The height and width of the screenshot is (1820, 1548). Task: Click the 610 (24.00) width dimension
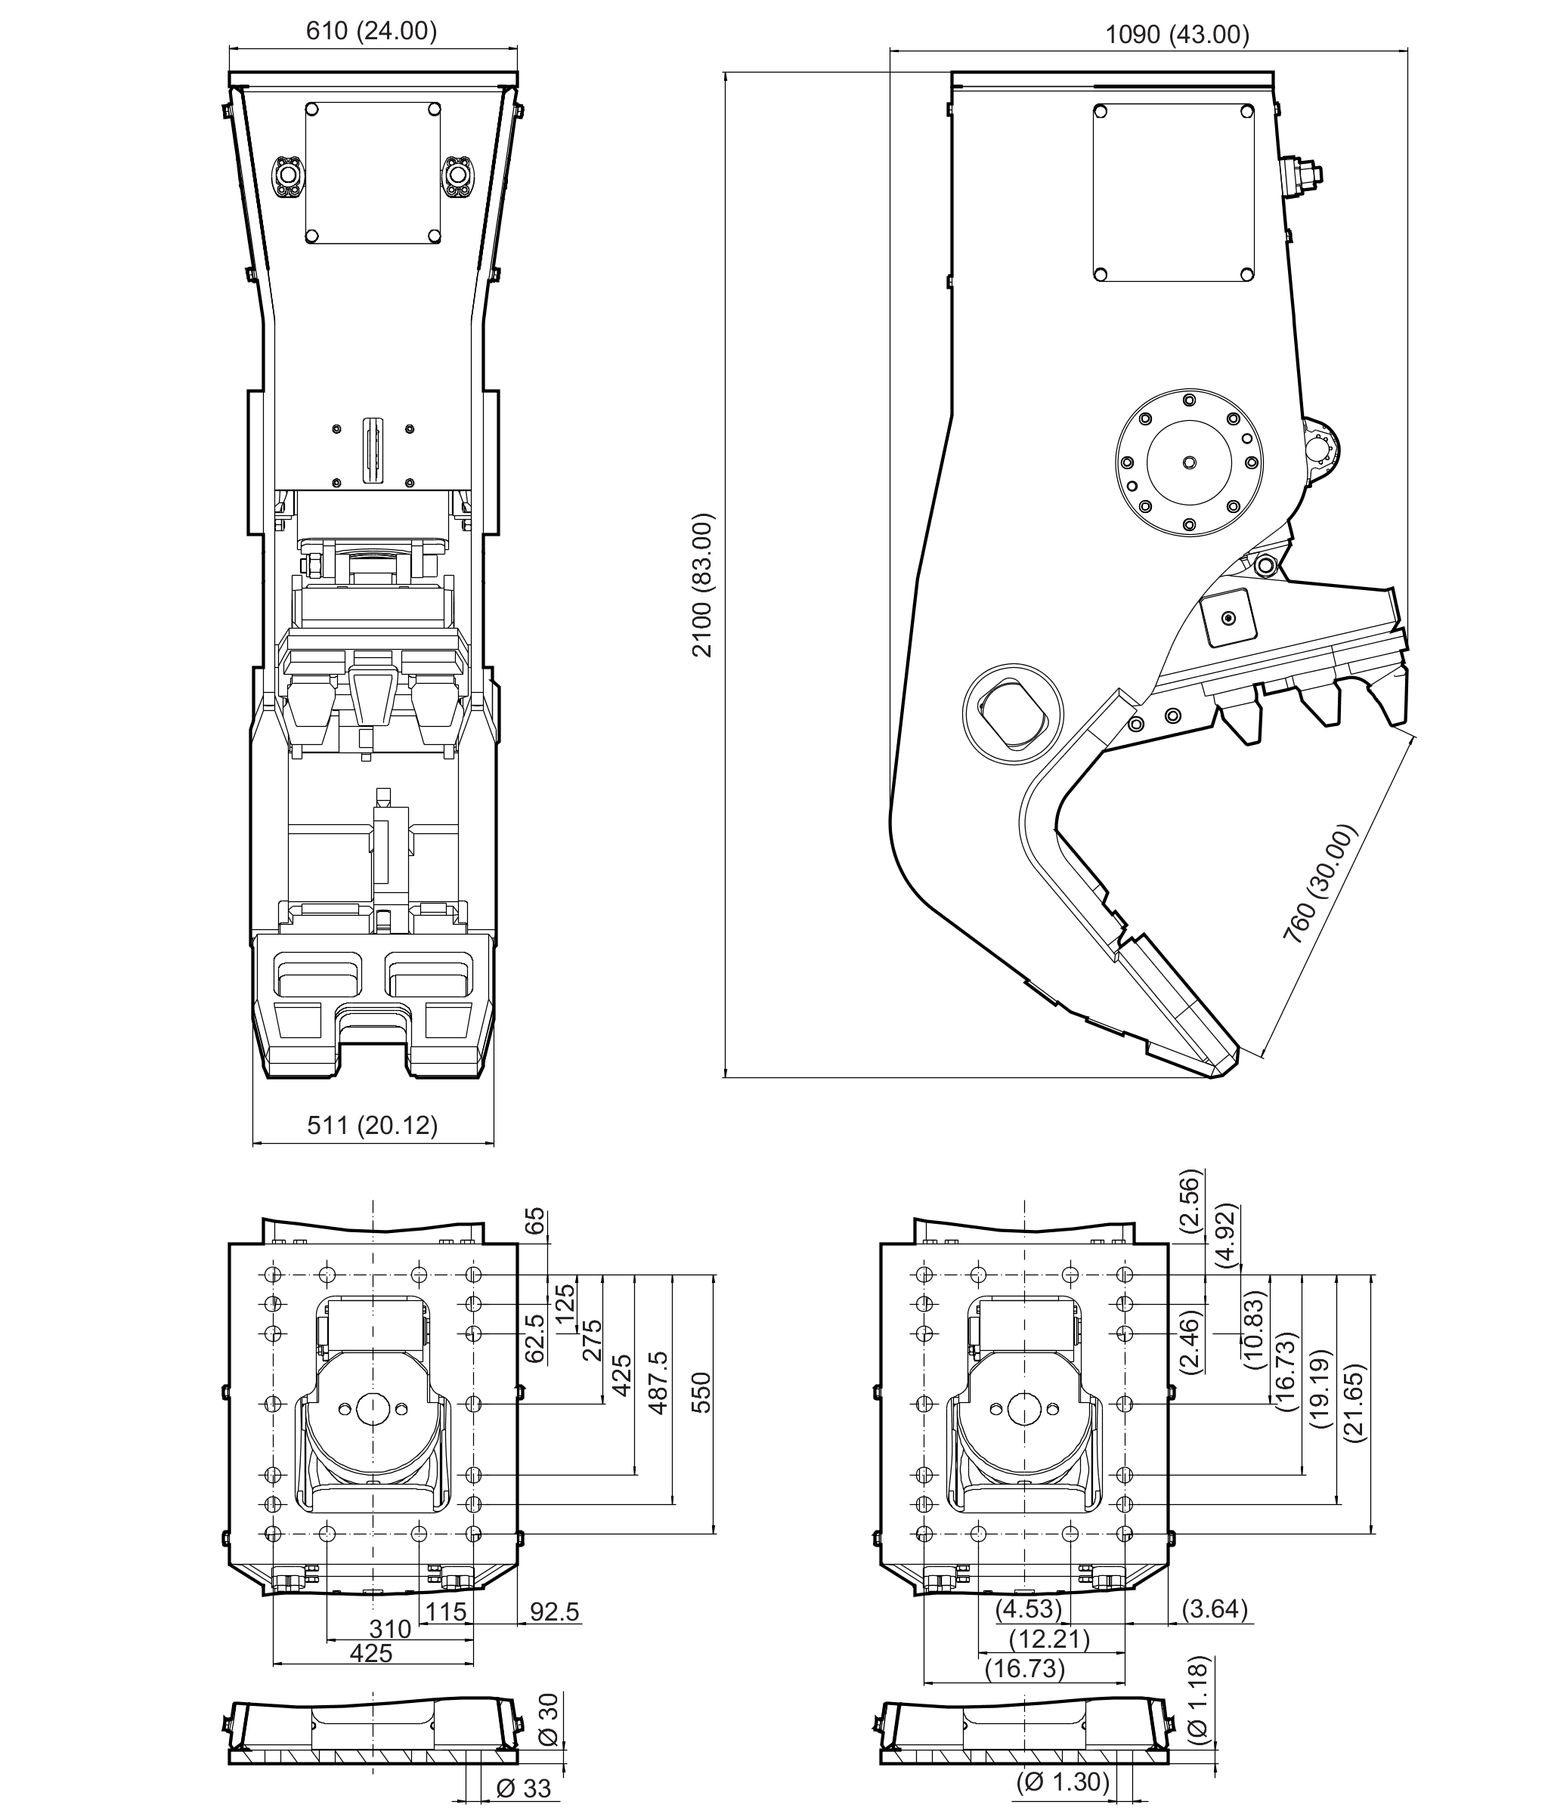point(371,32)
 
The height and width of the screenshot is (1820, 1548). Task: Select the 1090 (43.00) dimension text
point(1177,35)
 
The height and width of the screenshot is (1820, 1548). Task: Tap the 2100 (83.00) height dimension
point(703,585)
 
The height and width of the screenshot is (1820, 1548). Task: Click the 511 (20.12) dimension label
point(372,1124)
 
